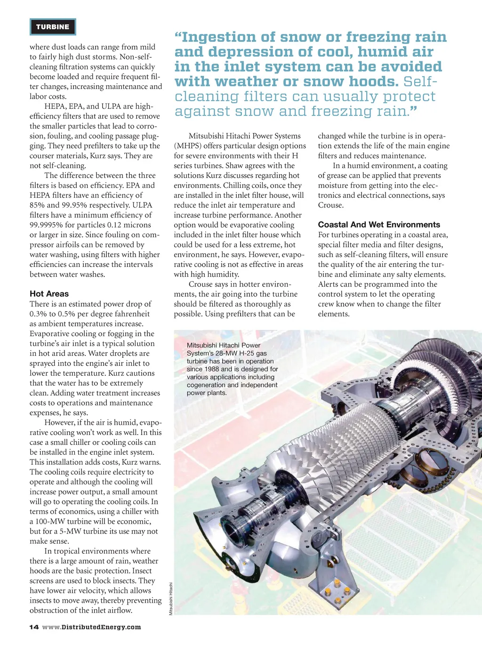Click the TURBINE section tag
point(53,27)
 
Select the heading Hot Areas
point(49,294)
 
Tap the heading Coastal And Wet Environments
point(379,225)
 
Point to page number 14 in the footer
point(34,627)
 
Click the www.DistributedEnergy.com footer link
point(91,627)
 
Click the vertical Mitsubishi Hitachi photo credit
point(171,598)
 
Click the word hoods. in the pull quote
point(373,81)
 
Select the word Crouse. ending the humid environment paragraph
point(331,205)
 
